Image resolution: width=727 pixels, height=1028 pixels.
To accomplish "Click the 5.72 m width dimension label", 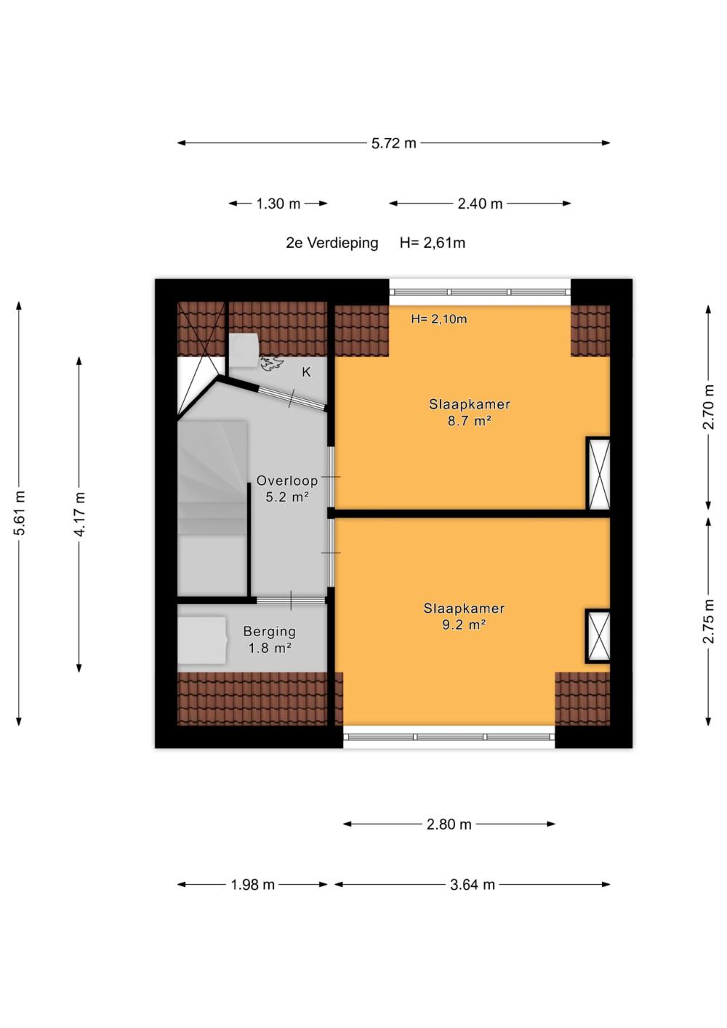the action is click(x=394, y=143).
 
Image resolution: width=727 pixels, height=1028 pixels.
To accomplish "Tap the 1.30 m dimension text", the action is click(x=278, y=204).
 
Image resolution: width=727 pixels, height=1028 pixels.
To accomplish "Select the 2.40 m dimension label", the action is click(x=480, y=204).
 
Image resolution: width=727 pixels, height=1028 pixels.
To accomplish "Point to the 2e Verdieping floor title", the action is click(x=332, y=243).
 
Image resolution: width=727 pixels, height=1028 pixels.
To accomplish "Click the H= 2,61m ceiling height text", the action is click(x=433, y=243).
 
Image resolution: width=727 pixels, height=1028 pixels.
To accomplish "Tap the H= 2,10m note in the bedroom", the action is click(x=439, y=318).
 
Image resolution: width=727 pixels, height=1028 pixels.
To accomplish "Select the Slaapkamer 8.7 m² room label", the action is click(x=470, y=412).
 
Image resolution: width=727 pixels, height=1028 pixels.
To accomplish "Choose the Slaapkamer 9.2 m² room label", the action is click(x=464, y=617).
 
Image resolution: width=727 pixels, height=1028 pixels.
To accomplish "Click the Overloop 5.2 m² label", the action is click(x=287, y=489).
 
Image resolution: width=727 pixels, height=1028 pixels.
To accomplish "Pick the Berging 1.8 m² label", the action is click(x=270, y=639).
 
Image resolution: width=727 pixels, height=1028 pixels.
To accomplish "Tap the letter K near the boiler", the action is click(x=306, y=372).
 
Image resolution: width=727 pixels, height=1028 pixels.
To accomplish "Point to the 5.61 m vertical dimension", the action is click(x=20, y=513).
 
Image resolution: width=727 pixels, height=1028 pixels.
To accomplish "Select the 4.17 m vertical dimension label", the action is click(x=80, y=513).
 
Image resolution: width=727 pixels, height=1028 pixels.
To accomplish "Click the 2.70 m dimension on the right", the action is click(x=709, y=406).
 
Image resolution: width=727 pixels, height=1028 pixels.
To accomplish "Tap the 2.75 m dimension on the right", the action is click(x=709, y=621).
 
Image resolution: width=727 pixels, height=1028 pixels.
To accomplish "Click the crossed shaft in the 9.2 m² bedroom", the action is click(x=598, y=635).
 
